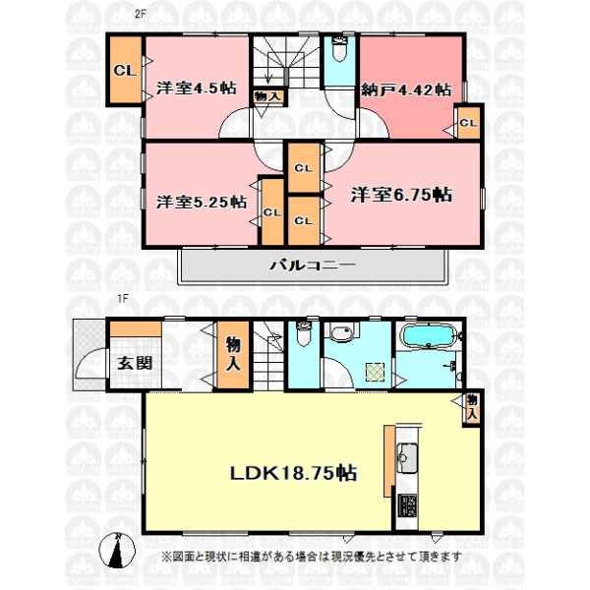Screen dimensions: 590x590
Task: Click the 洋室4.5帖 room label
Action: [x=197, y=88]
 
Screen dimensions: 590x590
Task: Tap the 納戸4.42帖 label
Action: [x=406, y=89]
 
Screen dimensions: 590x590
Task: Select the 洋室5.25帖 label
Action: [x=202, y=202]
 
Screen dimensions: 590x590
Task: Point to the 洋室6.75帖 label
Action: [x=401, y=195]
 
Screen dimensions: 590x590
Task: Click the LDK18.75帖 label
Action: [x=293, y=473]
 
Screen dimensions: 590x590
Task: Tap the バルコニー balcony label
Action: [x=313, y=265]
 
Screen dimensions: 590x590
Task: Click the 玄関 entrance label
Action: [x=135, y=363]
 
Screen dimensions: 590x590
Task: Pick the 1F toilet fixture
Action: [x=303, y=333]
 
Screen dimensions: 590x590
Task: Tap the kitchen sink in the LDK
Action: [x=407, y=457]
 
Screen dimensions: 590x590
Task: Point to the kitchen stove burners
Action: [x=407, y=506]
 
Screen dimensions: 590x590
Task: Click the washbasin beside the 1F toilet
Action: [x=341, y=333]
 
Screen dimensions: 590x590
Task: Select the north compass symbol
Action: [x=117, y=550]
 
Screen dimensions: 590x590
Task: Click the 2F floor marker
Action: [x=141, y=15]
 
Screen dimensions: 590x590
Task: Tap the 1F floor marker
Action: [x=123, y=299]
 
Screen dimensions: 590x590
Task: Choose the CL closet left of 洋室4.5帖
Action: [x=126, y=69]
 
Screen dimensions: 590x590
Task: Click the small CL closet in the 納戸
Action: [x=468, y=123]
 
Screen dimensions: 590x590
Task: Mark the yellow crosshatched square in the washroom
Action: [x=376, y=372]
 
